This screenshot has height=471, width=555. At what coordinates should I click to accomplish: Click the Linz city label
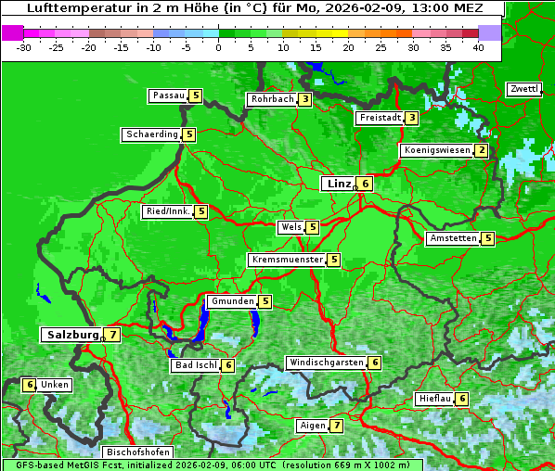[338, 184]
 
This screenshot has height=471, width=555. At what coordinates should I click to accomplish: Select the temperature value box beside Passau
[195, 95]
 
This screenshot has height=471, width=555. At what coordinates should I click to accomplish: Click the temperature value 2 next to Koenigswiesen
[481, 150]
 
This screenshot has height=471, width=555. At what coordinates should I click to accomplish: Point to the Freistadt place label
[380, 118]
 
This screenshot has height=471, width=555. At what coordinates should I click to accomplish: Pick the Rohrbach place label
[272, 99]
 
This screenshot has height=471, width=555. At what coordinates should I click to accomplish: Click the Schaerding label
[152, 134]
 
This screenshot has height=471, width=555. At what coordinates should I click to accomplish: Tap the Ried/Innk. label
[168, 211]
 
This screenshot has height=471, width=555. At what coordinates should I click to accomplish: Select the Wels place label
[290, 227]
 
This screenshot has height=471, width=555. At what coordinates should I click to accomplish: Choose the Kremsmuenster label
[287, 260]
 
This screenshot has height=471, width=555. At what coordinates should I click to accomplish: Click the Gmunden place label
[231, 301]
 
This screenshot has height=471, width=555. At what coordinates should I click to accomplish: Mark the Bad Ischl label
[196, 365]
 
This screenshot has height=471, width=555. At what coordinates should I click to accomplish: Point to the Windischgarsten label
[326, 363]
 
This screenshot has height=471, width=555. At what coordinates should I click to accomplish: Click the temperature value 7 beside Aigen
[336, 426]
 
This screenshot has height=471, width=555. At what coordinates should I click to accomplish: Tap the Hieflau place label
[434, 399]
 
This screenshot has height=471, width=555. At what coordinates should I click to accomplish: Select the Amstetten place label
[453, 238]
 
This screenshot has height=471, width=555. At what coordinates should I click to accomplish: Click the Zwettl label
[523, 89]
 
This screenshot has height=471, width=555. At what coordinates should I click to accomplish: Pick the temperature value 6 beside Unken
[30, 385]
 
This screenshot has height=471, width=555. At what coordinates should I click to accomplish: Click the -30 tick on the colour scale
[24, 46]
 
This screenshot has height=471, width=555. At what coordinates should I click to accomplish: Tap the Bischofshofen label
[136, 452]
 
